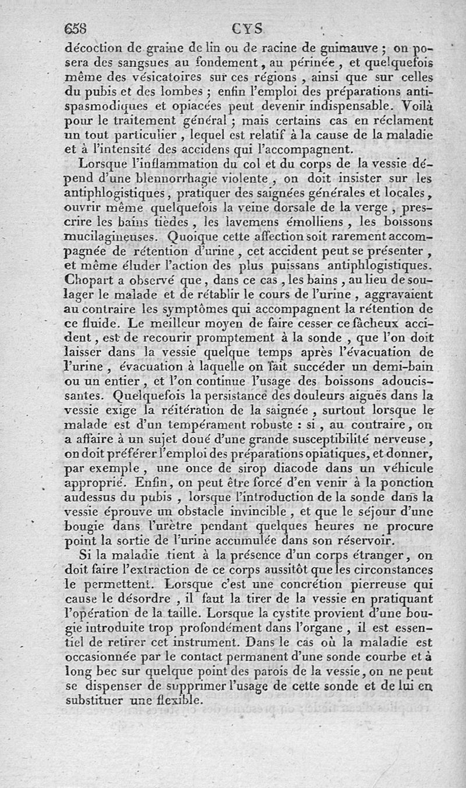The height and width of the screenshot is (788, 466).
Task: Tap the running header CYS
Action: coord(247,28)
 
